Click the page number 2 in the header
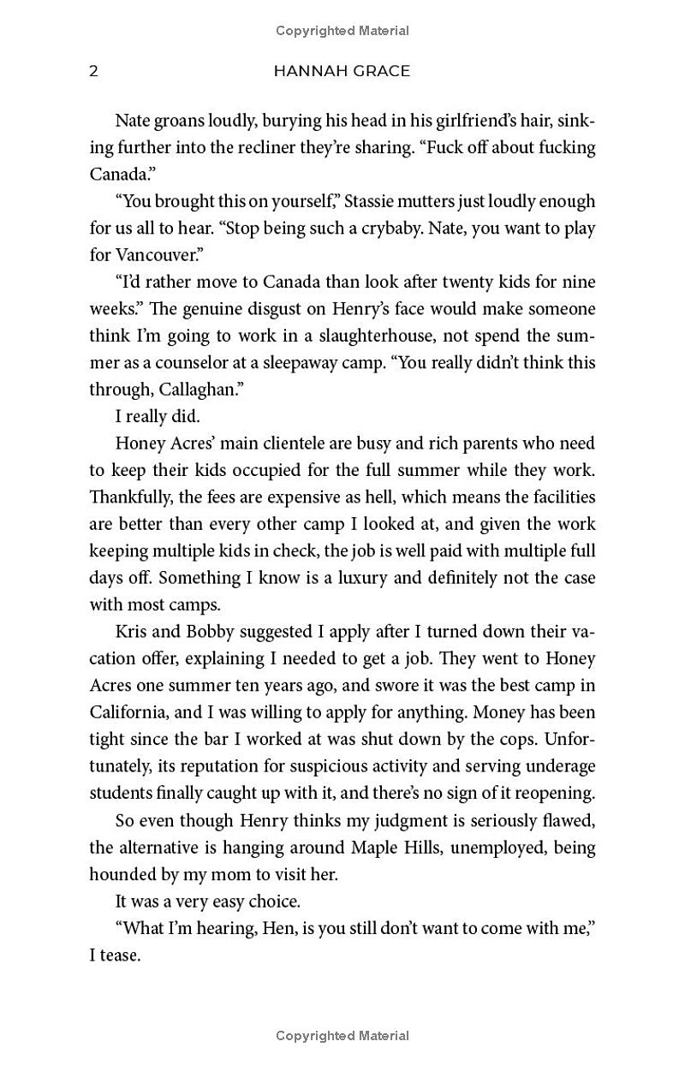pos(93,71)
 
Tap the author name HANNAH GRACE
pos(342,71)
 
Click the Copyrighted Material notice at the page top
pos(342,31)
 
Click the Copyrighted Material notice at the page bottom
pos(342,1036)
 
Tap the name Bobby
pos(195,632)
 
